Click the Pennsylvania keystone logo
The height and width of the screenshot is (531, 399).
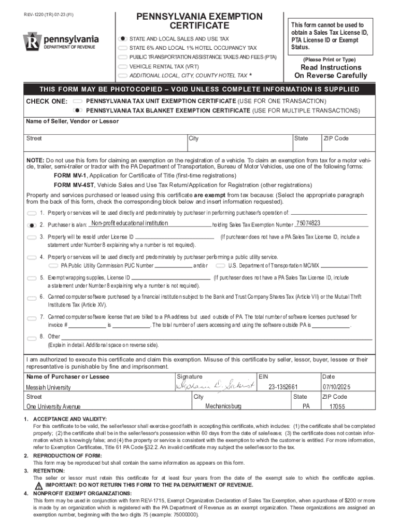[31, 42]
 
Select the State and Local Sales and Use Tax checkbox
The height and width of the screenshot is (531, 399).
[122, 39]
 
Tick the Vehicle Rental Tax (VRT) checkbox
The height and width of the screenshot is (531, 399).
[122, 67]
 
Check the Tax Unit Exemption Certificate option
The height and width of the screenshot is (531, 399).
[78, 101]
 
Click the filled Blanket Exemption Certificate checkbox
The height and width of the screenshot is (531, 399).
[78, 110]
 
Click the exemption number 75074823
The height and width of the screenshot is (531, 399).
[308, 223]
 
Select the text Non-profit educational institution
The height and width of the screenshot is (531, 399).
[129, 223]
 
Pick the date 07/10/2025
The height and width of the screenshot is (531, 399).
[337, 387]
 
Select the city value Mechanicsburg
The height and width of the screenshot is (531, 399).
[223, 406]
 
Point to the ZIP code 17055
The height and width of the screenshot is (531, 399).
[337, 407]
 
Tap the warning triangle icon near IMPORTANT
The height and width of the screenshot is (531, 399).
[38, 485]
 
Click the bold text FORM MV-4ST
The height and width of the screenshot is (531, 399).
[70, 184]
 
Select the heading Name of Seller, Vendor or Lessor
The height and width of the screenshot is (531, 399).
[73, 121]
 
